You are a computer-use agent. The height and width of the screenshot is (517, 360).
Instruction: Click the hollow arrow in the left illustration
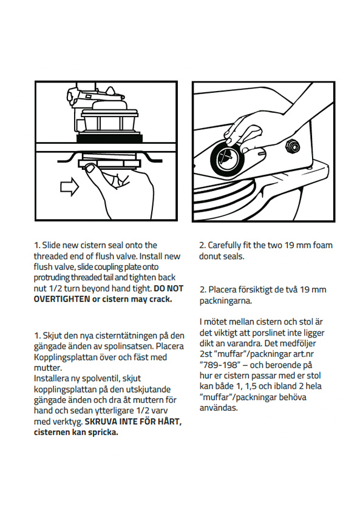[69, 188]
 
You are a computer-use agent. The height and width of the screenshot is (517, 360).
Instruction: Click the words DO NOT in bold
[169, 288]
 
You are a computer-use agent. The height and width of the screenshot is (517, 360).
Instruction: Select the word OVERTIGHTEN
[62, 299]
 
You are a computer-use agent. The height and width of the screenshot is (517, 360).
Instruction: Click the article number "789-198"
[219, 365]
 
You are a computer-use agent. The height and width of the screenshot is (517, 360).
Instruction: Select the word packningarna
[225, 302]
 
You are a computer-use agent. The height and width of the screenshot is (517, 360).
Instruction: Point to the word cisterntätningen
[126, 336]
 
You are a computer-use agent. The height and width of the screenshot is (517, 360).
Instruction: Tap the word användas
[219, 408]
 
